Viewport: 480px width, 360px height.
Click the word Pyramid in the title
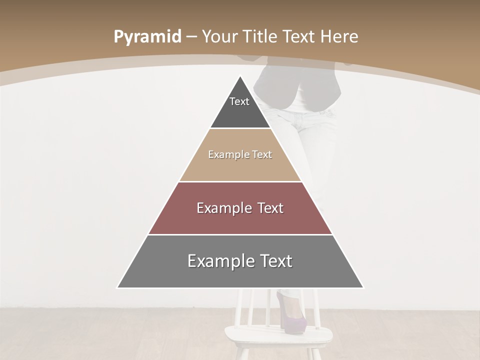tap(147, 36)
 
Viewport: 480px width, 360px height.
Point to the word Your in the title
tap(219, 36)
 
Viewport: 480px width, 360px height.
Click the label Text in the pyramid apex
tap(239, 101)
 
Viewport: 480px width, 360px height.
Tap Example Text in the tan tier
tap(240, 154)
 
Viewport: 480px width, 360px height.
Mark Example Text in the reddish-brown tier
tap(240, 208)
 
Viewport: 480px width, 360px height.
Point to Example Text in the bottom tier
tap(240, 261)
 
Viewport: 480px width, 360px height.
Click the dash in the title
tap(191, 36)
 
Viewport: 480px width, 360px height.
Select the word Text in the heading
tap(300, 36)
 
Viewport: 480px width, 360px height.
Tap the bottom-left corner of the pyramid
tap(118, 287)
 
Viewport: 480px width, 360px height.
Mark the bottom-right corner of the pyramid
tap(363, 287)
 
